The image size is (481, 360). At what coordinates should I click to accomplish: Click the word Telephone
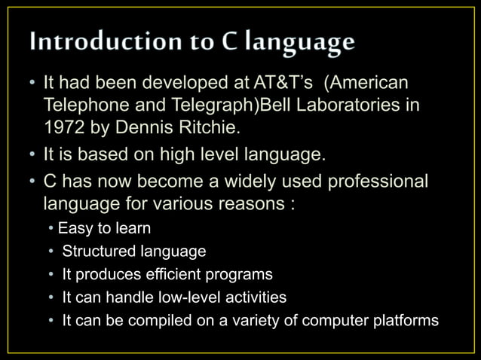tap(81, 104)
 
